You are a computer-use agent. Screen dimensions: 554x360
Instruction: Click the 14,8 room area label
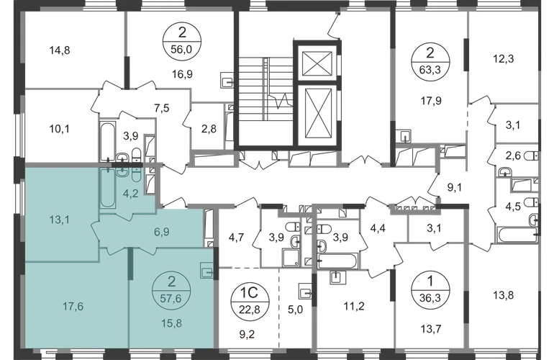point(60,50)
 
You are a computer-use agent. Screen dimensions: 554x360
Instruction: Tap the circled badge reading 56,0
point(181,41)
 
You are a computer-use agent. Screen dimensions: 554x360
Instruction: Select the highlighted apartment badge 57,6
point(171,290)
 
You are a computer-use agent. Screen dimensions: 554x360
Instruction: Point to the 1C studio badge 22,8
point(250,301)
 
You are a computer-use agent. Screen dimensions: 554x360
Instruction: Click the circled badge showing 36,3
point(430,290)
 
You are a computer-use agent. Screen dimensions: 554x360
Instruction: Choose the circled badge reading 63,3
point(430,61)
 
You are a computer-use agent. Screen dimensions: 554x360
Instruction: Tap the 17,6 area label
point(73,306)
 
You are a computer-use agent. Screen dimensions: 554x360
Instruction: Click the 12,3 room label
point(503,59)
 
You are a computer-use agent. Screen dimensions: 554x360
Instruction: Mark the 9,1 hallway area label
point(455,187)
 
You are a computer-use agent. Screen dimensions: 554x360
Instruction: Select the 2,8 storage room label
point(209,129)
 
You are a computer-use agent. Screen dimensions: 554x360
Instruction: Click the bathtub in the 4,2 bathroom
point(107,188)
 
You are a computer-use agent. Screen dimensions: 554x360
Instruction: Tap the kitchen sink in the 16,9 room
point(227,80)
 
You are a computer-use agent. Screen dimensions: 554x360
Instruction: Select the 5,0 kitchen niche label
point(295,310)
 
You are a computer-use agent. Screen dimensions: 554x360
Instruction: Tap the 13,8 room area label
point(504,295)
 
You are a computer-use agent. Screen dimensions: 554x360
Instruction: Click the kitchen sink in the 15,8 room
point(206,271)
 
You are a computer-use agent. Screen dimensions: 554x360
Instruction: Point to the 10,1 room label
point(60,129)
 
